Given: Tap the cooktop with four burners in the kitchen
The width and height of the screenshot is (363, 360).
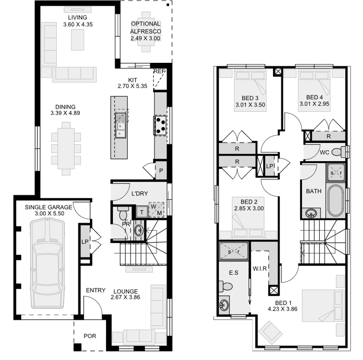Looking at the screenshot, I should tap(161, 125).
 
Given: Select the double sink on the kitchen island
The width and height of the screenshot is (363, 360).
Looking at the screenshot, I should tap(120, 124).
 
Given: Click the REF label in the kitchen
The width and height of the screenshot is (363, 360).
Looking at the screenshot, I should tap(159, 72).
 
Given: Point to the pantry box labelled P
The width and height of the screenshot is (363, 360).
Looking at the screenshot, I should tap(161, 170).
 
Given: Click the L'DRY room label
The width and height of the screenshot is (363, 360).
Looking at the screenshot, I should tap(140, 194).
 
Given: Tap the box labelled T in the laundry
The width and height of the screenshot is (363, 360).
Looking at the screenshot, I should tap(142, 212).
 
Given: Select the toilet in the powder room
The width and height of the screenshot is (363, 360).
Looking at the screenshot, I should tap(122, 212).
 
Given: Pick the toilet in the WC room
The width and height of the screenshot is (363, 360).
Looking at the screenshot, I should tap(339, 152).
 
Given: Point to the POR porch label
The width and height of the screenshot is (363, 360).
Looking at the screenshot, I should tap(90, 336).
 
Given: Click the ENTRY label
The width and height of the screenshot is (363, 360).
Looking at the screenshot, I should tap(96, 290).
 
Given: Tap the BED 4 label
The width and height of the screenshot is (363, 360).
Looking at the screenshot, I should tap(314, 97).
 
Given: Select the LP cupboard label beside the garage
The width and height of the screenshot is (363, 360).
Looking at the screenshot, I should tap(85, 241).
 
